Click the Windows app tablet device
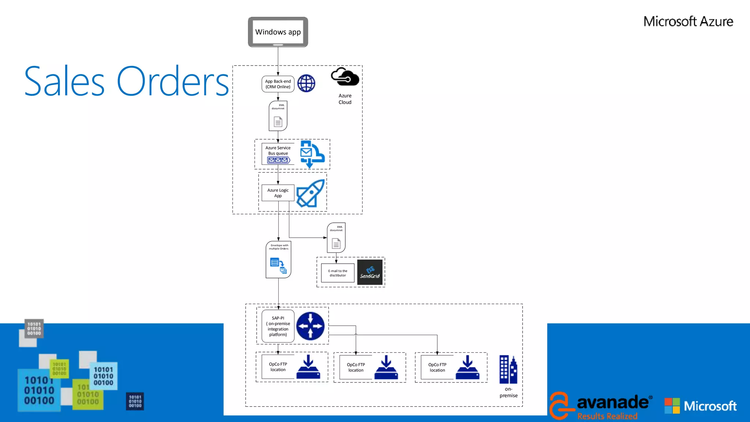click(278, 32)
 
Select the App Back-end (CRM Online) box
click(278, 84)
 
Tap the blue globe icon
click(306, 84)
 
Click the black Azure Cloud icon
click(345, 77)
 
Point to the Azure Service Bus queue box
click(278, 154)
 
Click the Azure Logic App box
click(278, 193)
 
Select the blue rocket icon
click(311, 193)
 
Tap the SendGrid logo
click(370, 272)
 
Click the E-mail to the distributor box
click(338, 273)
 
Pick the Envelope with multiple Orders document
click(278, 259)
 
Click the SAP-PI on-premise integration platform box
click(278, 326)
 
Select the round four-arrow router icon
click(311, 326)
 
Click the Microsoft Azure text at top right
click(688, 22)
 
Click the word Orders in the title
click(173, 82)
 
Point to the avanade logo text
click(613, 402)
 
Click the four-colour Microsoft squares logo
click(672, 406)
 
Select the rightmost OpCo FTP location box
click(437, 367)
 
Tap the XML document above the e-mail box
click(336, 238)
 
